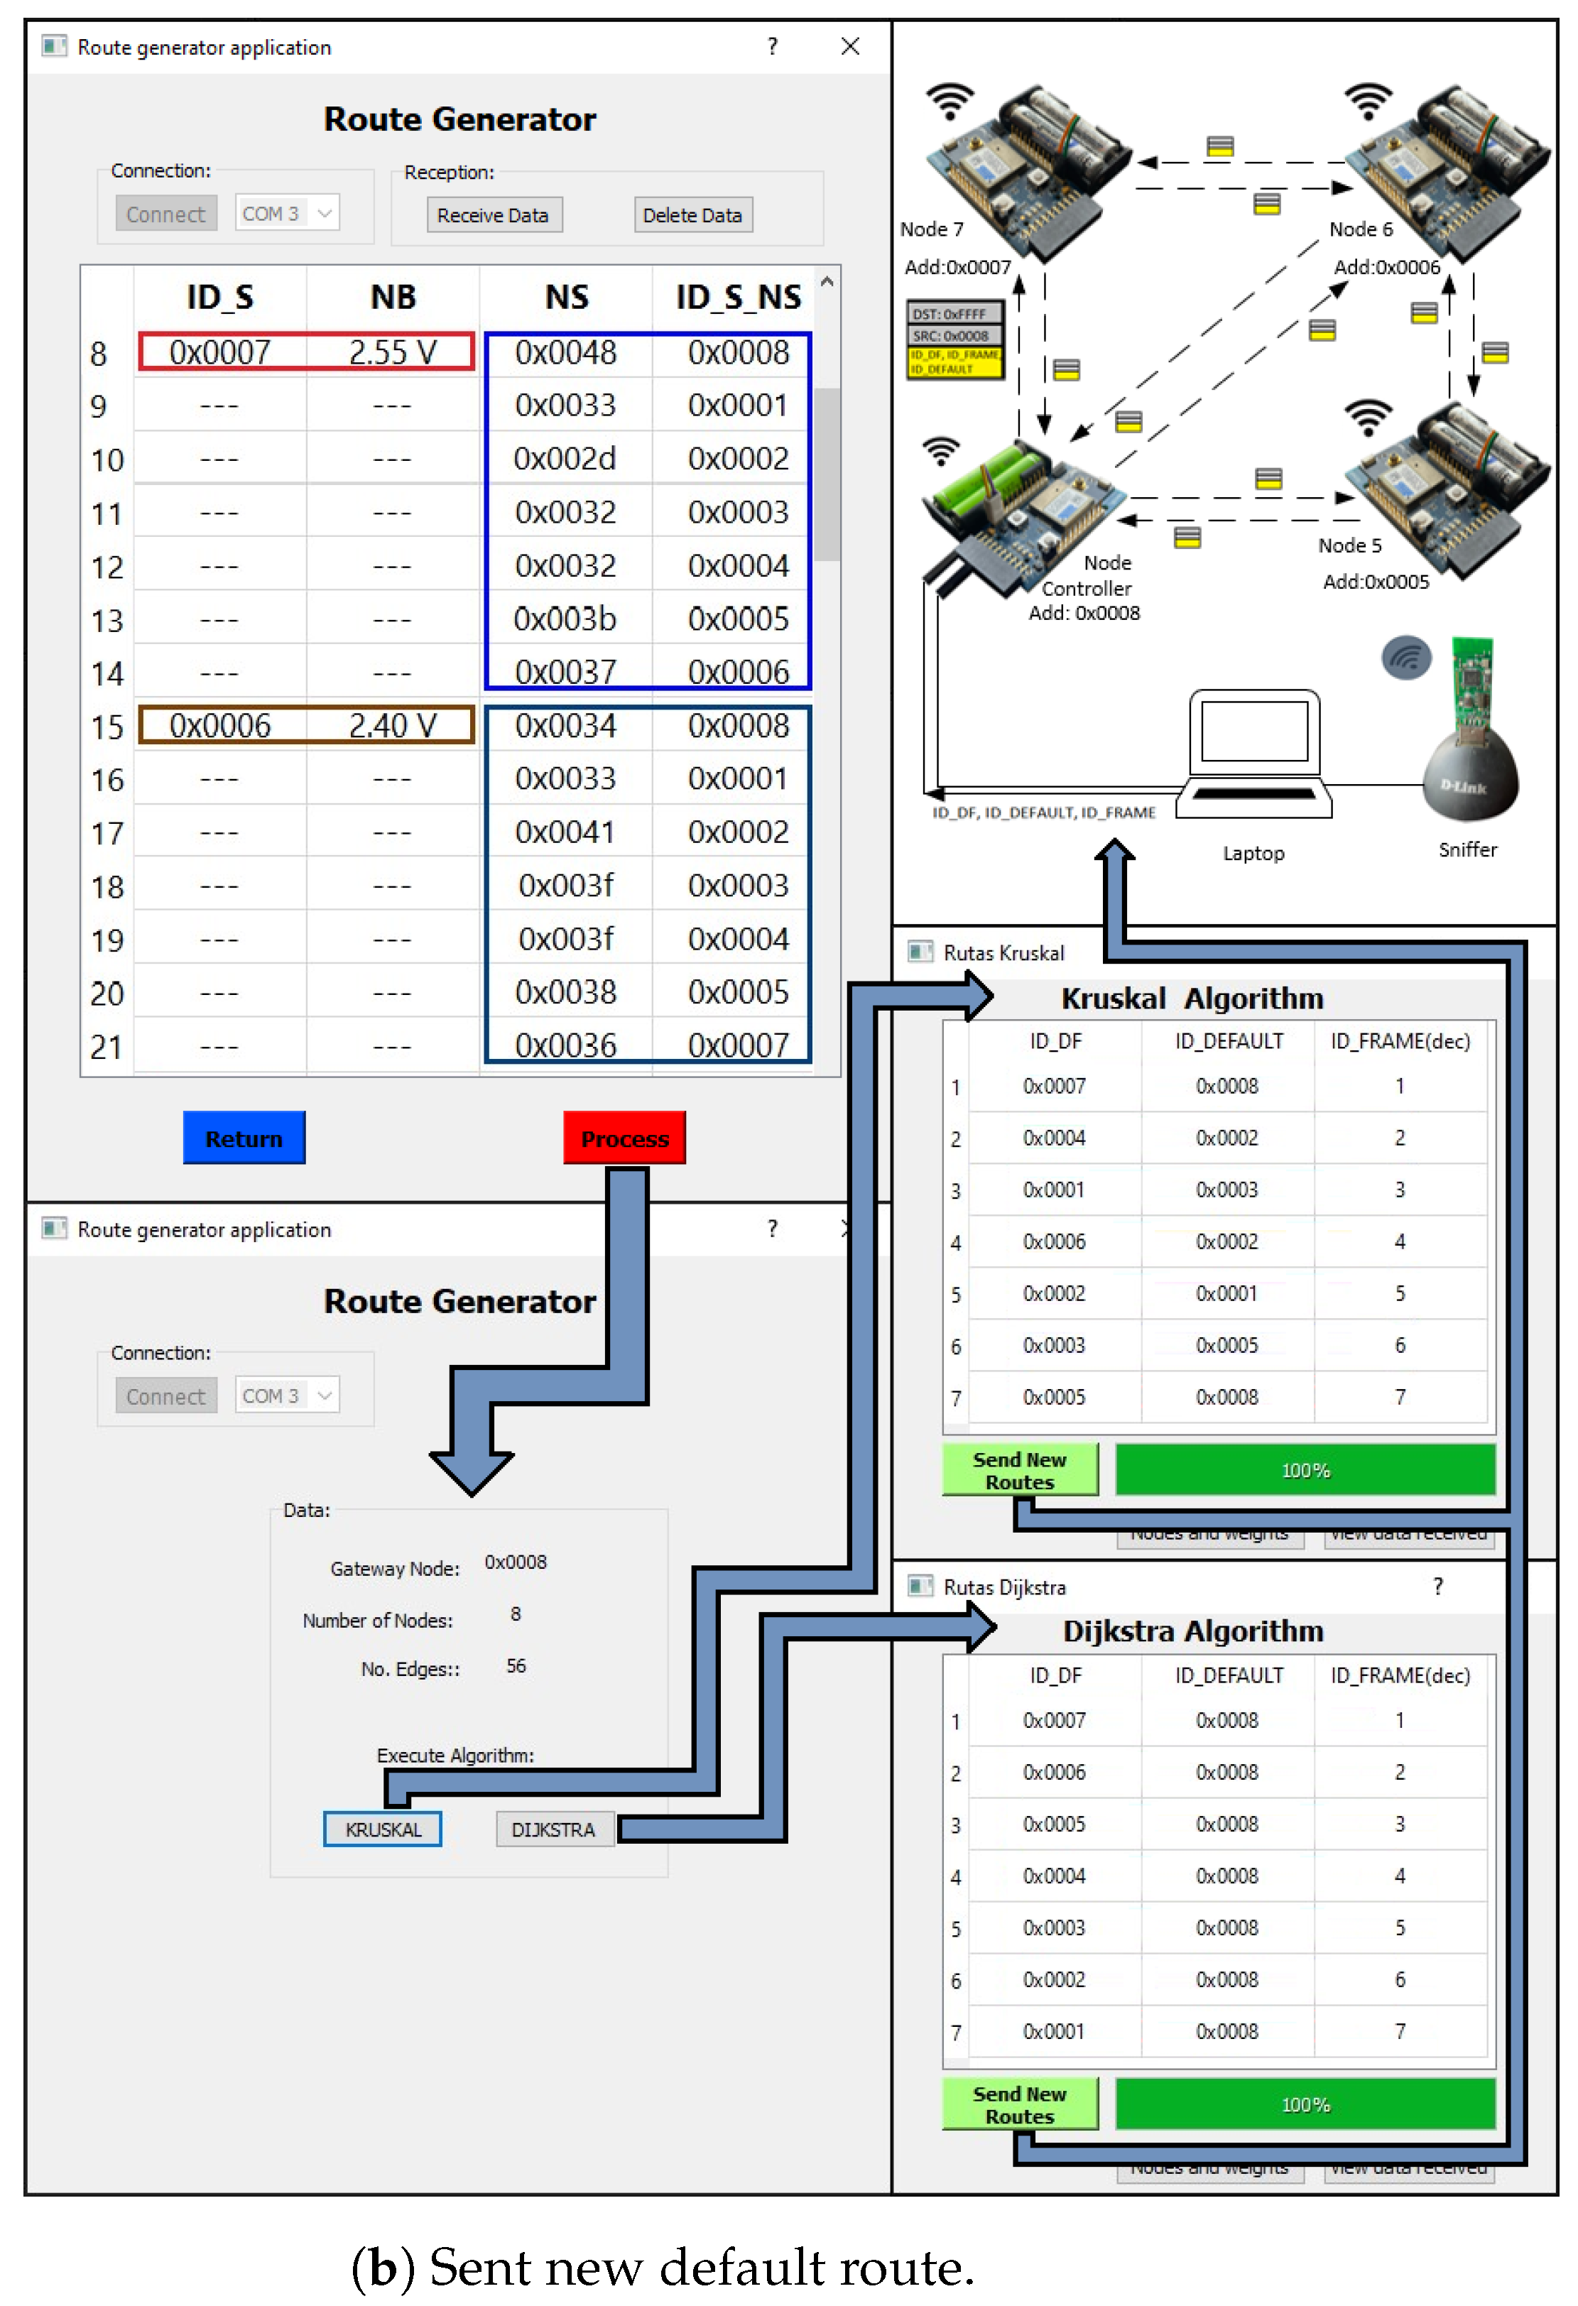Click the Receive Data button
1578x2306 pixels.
click(494, 215)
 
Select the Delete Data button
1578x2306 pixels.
click(692, 215)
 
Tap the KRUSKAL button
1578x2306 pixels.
click(382, 1829)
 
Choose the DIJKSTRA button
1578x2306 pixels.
click(553, 1829)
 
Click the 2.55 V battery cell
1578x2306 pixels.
click(392, 352)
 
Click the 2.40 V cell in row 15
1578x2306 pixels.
click(392, 725)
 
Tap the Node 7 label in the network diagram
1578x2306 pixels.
click(931, 229)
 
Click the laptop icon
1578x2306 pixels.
click(1253, 754)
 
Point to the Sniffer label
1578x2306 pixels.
click(1467, 849)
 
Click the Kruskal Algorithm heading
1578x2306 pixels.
click(1191, 999)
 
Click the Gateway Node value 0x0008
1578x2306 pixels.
click(515, 1562)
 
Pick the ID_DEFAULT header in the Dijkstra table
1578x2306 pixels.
click(1228, 1675)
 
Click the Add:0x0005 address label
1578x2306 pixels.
click(1375, 582)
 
